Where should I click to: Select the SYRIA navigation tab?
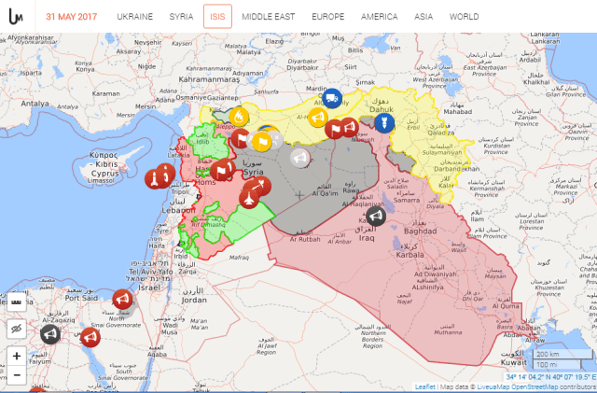[182, 17]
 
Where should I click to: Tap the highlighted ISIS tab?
[217, 17]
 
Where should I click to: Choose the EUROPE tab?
[327, 17]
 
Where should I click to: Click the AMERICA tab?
[379, 17]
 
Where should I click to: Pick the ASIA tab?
[424, 17]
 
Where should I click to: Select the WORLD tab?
[464, 17]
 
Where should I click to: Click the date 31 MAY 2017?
[73, 17]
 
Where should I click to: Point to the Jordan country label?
[194, 300]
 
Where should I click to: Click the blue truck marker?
[330, 96]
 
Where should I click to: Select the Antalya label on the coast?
[35, 104]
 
